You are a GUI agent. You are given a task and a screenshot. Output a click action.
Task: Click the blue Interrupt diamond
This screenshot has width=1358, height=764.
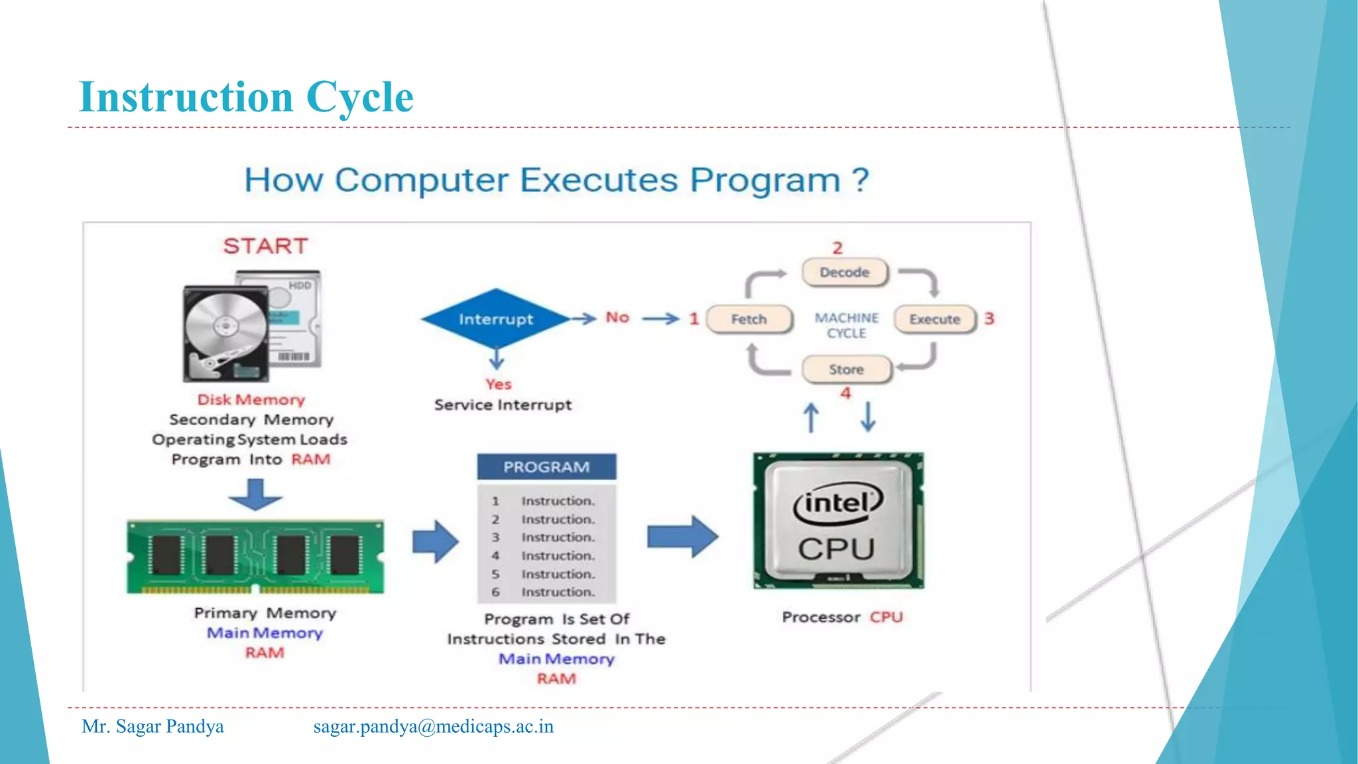pyautogui.click(x=495, y=319)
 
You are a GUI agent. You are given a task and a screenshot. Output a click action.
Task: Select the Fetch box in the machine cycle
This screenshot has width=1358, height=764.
pyautogui.click(x=749, y=319)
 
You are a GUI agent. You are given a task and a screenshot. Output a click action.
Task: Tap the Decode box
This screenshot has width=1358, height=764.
pyautogui.click(x=845, y=273)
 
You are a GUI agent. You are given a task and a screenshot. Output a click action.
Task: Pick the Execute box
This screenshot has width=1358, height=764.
pyautogui.click(x=935, y=319)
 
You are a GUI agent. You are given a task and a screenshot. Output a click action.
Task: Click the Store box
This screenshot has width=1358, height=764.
pyautogui.click(x=846, y=369)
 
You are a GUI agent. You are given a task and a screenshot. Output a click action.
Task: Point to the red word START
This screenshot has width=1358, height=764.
pyautogui.click(x=266, y=246)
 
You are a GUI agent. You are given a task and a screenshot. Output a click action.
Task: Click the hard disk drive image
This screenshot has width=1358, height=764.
pyautogui.click(x=252, y=326)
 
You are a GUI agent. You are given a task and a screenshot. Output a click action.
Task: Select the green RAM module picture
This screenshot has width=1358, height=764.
pyautogui.click(x=255, y=556)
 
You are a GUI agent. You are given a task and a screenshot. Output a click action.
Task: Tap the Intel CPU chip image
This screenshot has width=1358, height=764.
pyautogui.click(x=838, y=521)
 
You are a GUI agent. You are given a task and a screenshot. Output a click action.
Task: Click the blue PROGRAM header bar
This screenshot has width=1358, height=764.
pyautogui.click(x=546, y=467)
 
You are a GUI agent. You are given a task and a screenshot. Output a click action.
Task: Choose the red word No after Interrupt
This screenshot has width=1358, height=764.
pyautogui.click(x=617, y=318)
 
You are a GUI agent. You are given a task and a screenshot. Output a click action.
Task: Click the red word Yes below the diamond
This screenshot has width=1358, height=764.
pyautogui.click(x=498, y=385)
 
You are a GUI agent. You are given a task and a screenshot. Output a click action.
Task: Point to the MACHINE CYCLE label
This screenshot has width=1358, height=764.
pyautogui.click(x=847, y=326)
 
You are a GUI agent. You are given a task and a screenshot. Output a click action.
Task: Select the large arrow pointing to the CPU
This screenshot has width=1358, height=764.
pyautogui.click(x=682, y=536)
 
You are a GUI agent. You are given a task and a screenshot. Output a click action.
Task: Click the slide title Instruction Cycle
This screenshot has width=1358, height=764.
pyautogui.click(x=246, y=97)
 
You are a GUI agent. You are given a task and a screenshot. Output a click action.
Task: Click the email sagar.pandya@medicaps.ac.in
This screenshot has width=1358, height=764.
pyautogui.click(x=433, y=726)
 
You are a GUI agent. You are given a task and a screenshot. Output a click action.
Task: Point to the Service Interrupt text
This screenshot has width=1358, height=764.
pyautogui.click(x=503, y=405)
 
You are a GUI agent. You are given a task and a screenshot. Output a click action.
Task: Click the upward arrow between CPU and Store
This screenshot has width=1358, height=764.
pyautogui.click(x=811, y=418)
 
